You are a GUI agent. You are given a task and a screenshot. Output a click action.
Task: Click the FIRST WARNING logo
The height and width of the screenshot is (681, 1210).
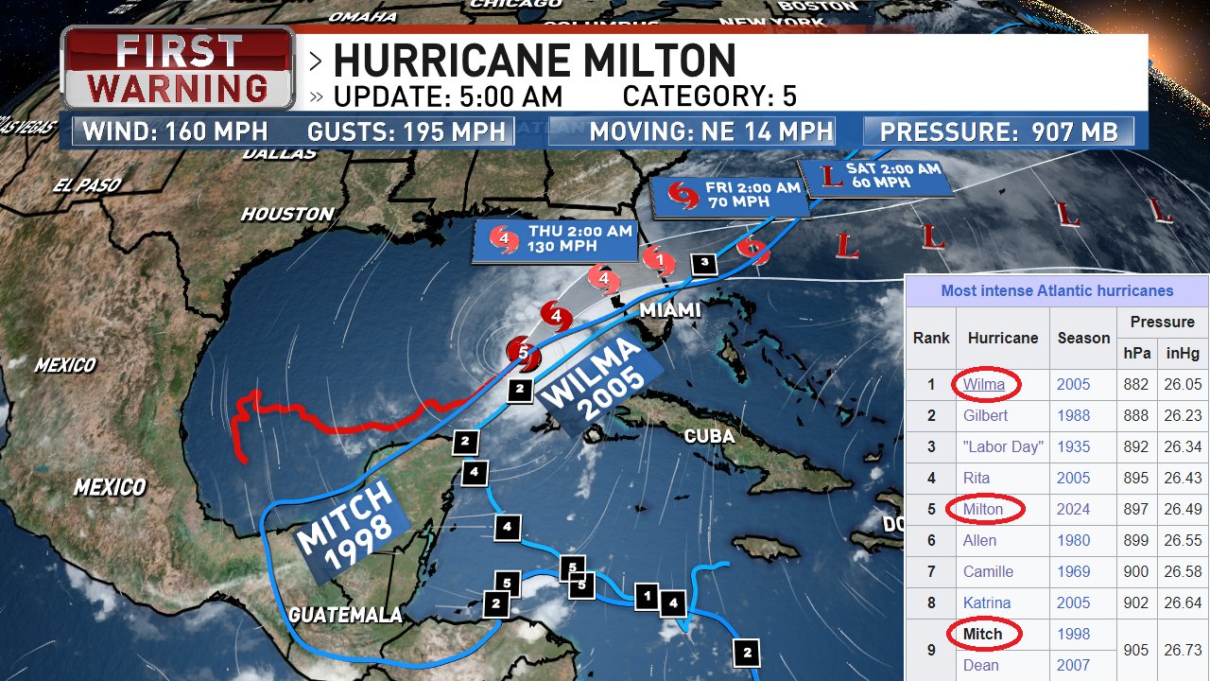(178, 68)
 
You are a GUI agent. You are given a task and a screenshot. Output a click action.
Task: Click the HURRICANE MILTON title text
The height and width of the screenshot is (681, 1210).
(534, 61)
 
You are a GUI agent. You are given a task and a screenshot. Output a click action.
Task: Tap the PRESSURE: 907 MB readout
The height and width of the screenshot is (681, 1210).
(999, 131)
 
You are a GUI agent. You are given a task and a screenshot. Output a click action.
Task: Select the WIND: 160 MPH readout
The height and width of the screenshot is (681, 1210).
(175, 131)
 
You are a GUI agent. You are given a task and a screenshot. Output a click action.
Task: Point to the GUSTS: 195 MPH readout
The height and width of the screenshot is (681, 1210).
(406, 131)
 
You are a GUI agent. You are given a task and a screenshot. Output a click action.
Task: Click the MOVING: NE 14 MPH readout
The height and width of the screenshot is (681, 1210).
(711, 131)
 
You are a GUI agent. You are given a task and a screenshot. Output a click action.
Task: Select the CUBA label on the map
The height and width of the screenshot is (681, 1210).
(709, 436)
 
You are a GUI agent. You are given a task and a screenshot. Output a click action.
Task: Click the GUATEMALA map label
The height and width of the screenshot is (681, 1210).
(345, 616)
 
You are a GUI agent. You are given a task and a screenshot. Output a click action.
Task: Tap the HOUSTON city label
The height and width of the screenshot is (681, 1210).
(286, 215)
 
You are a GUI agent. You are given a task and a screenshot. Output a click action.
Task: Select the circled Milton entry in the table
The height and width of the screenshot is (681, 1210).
(983, 509)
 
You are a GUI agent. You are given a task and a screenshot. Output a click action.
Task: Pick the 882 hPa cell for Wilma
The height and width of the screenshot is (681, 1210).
(1136, 384)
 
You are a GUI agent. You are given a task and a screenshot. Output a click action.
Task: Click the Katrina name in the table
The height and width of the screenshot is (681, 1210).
(987, 602)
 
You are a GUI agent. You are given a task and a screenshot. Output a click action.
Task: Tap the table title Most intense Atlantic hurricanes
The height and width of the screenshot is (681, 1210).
(1056, 291)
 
